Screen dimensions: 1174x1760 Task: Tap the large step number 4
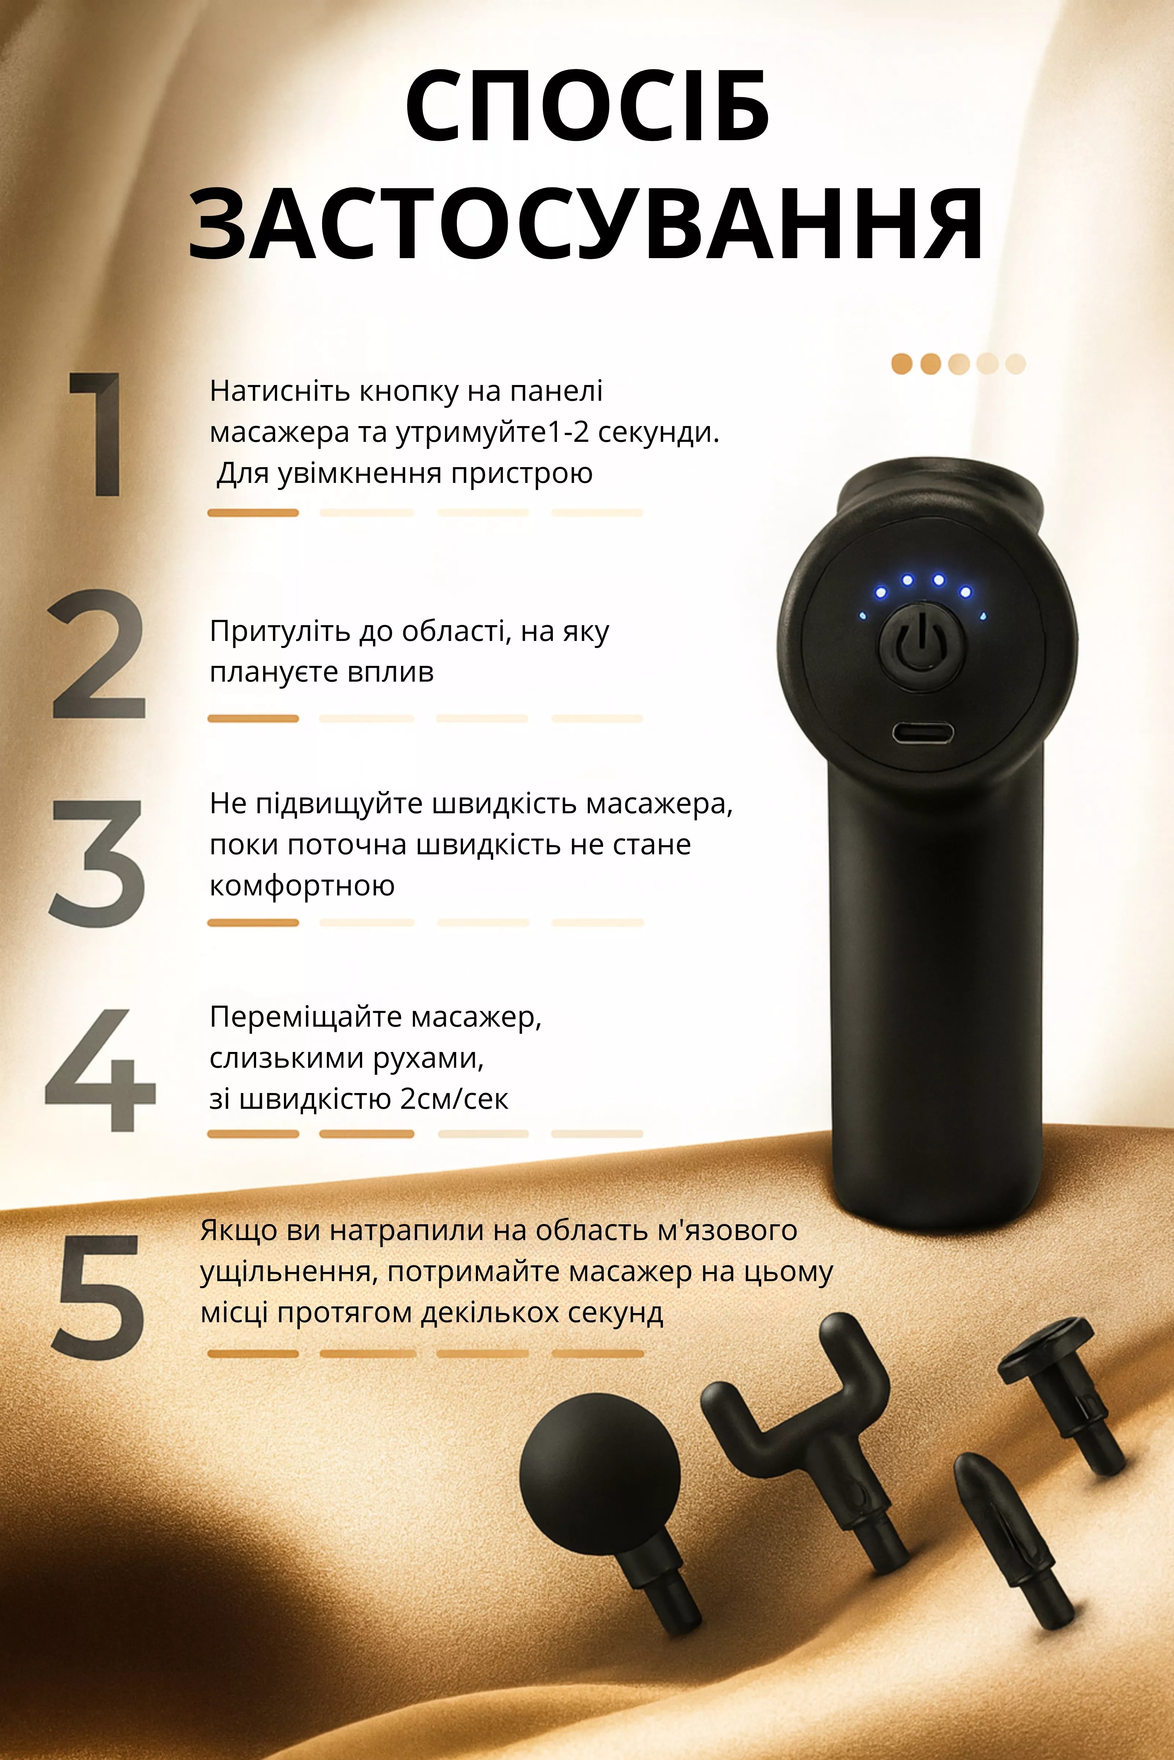[100, 1070]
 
